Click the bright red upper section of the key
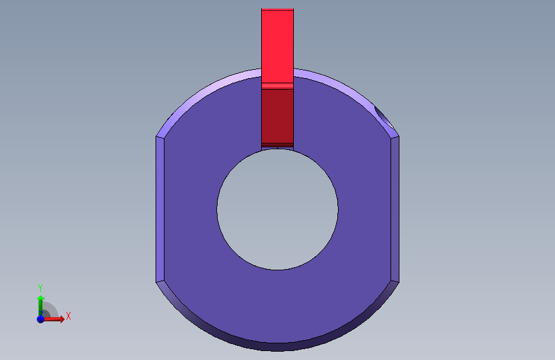pyautogui.click(x=278, y=46)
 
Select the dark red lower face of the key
pyautogui.click(x=278, y=116)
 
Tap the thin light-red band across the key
pyautogui.click(x=278, y=86)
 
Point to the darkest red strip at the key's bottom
pyautogui.click(x=278, y=145)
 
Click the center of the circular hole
pyautogui.click(x=278, y=209)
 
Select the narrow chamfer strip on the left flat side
pyautogui.click(x=160, y=209)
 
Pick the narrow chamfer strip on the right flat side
pyautogui.click(x=395, y=209)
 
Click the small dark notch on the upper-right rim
pyautogui.click(x=383, y=117)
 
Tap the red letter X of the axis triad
pyautogui.click(x=68, y=316)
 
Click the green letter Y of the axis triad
pyautogui.click(x=40, y=288)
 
